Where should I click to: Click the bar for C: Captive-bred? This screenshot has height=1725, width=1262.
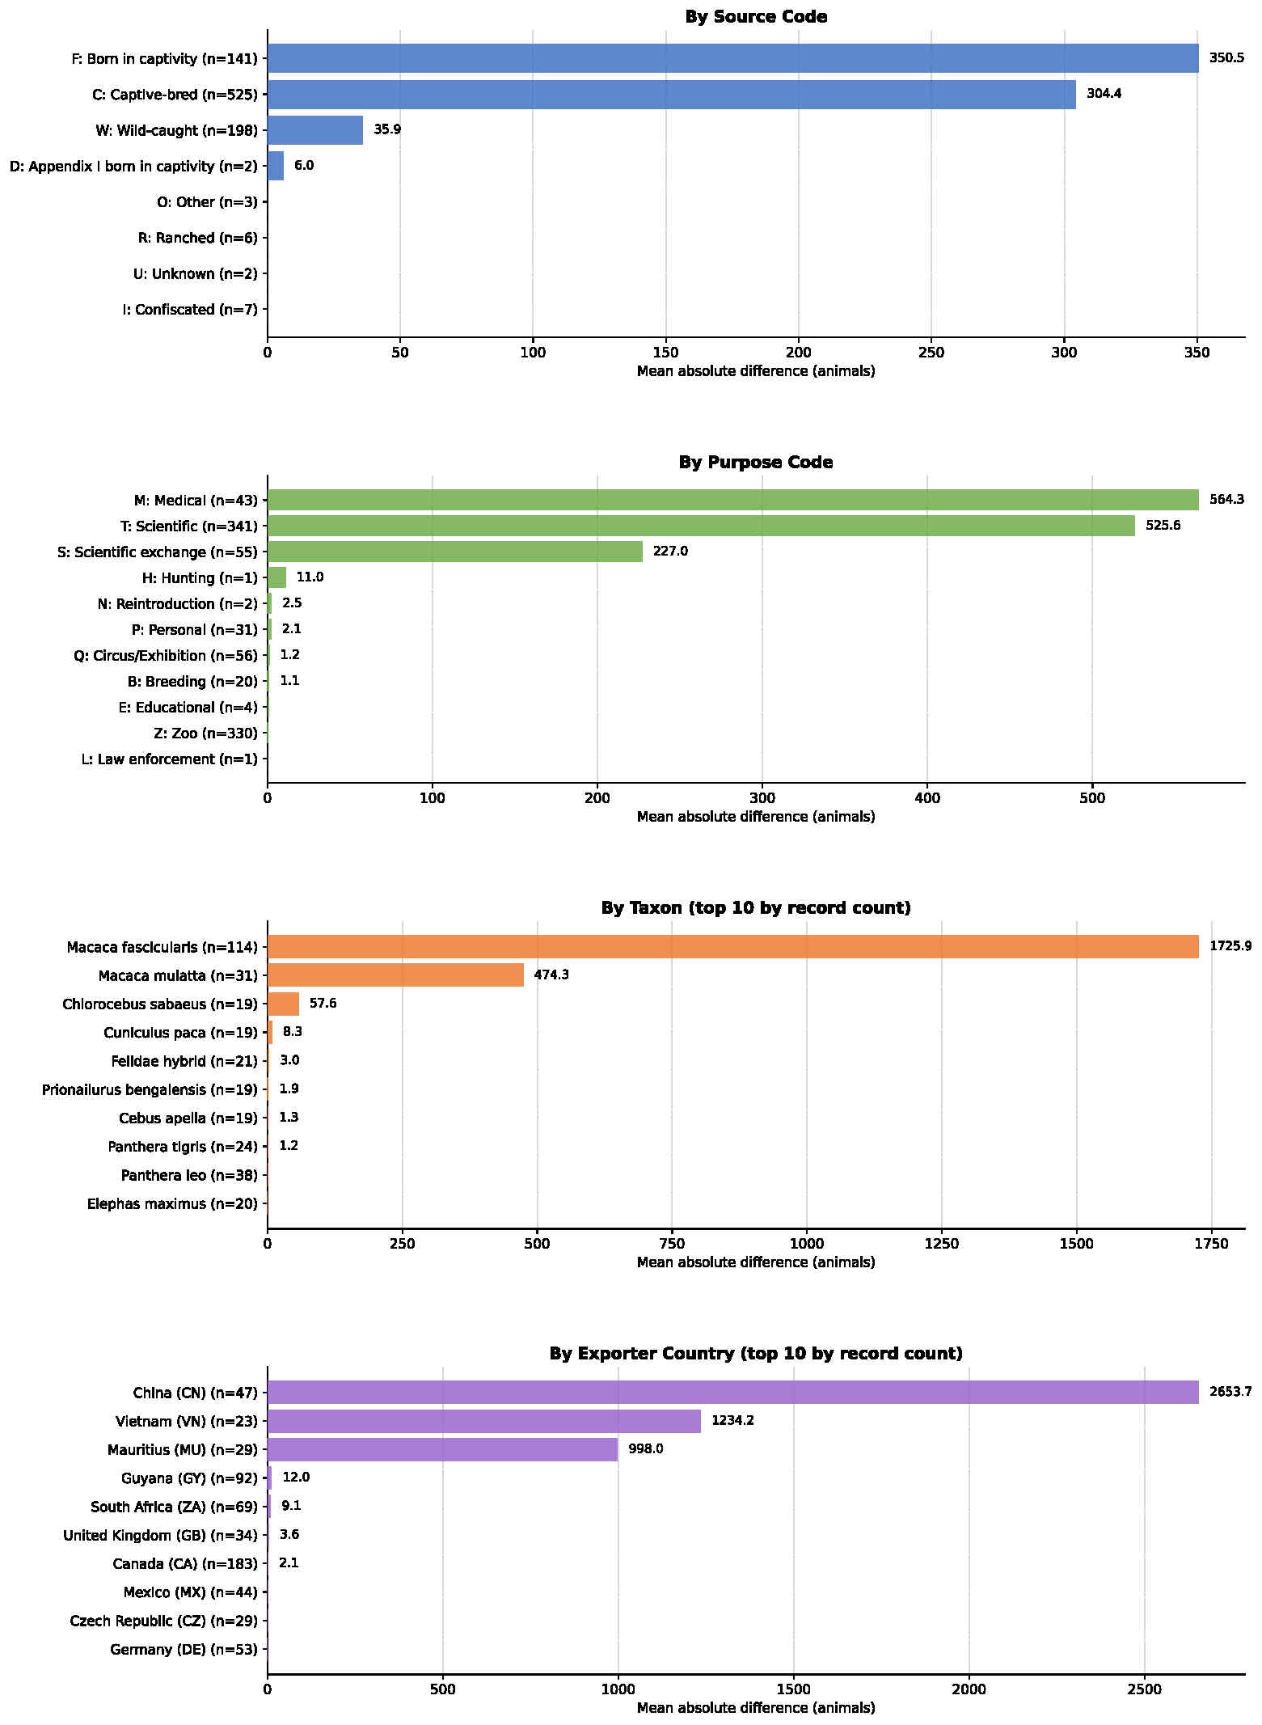tap(672, 95)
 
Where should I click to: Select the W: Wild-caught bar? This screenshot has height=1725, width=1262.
tap(315, 130)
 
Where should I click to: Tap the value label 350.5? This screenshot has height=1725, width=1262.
tap(1226, 58)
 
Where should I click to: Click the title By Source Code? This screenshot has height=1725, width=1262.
tap(756, 17)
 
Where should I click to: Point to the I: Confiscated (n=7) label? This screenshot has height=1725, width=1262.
tap(190, 310)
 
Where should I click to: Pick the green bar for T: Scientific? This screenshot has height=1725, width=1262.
tap(701, 526)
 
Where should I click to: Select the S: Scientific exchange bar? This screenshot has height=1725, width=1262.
tap(455, 552)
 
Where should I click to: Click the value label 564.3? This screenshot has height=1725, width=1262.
tap(1226, 500)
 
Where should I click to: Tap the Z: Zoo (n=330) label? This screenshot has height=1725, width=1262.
tap(205, 734)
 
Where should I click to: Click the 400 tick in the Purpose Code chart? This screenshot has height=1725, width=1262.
tap(927, 798)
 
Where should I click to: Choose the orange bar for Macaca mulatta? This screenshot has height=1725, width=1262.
tap(395, 975)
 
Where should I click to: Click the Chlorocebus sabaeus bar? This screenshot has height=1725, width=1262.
tap(283, 1004)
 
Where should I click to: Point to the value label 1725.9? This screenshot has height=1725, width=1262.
tap(1230, 946)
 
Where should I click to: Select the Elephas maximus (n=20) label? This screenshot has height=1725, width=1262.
tap(172, 1204)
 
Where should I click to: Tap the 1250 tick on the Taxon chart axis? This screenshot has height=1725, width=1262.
tap(942, 1244)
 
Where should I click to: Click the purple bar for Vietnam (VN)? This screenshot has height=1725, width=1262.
tap(484, 1421)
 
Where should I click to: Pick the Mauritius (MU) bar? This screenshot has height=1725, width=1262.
tap(443, 1449)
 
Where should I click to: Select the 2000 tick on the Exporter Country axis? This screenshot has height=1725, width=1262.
tap(969, 1689)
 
